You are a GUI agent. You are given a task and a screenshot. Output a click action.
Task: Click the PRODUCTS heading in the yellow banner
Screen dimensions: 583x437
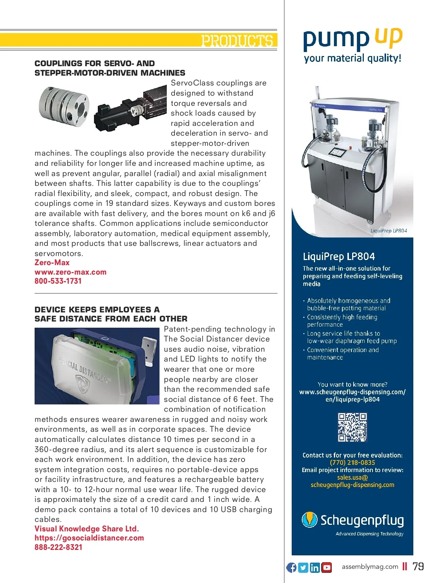237,41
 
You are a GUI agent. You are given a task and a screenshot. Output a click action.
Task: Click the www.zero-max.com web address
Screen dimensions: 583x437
70,272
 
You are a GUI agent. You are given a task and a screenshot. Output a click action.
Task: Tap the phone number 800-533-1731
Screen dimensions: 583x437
58,281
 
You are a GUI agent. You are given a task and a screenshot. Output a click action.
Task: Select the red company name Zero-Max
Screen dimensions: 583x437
52,263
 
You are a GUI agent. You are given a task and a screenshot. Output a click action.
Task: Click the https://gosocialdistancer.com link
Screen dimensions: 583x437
89,538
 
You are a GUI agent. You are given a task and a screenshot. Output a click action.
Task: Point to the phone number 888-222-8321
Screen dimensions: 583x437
58,547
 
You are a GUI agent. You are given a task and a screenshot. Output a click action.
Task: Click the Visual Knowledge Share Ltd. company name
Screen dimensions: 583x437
87,529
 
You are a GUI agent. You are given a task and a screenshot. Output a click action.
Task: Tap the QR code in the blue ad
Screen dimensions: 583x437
352,427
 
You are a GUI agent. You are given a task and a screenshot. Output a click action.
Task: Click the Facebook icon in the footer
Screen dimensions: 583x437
291,567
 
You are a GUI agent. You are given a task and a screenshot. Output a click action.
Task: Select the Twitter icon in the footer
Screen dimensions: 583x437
303,567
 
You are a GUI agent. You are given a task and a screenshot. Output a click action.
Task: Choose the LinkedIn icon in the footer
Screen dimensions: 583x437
315,567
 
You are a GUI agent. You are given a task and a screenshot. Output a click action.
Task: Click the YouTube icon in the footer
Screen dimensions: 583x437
327,567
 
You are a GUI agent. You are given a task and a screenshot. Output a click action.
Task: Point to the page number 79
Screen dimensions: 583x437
418,567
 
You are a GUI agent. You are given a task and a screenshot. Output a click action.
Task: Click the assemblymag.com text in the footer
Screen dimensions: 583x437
370,567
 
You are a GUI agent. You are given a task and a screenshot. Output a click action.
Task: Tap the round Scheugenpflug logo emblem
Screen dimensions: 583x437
310,520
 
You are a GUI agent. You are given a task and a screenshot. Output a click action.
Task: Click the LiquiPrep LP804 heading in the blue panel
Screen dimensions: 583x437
339,257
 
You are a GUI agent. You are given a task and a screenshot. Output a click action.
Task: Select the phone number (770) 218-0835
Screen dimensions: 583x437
352,463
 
